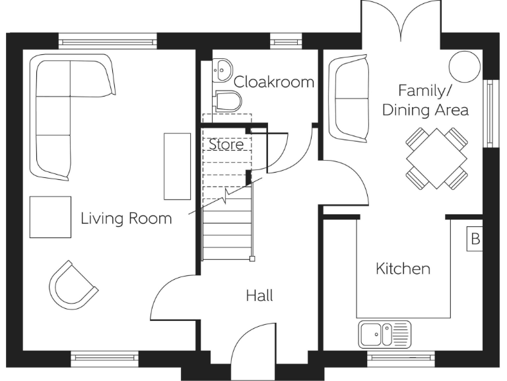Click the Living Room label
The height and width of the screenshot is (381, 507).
point(126,218)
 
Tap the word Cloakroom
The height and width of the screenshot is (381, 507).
point(274,82)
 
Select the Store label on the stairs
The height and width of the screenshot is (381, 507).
point(226,144)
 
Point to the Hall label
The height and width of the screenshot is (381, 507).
point(259,296)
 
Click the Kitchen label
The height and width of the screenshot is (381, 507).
point(403,269)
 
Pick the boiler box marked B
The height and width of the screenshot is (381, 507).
point(475,239)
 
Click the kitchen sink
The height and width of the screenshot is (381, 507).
point(384,335)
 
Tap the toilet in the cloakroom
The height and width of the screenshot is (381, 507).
point(228,101)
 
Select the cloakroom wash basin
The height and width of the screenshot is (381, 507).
point(222,69)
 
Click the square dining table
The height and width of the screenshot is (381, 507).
point(436,159)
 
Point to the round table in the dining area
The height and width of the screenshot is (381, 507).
point(465,67)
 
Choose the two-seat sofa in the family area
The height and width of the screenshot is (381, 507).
point(349,99)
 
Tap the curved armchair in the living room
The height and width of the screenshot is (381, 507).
point(73,286)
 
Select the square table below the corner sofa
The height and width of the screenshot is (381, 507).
point(50,217)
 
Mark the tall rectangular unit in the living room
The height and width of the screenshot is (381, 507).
point(177,166)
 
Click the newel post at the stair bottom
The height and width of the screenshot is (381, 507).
point(252,259)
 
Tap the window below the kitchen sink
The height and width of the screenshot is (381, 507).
point(401,357)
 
